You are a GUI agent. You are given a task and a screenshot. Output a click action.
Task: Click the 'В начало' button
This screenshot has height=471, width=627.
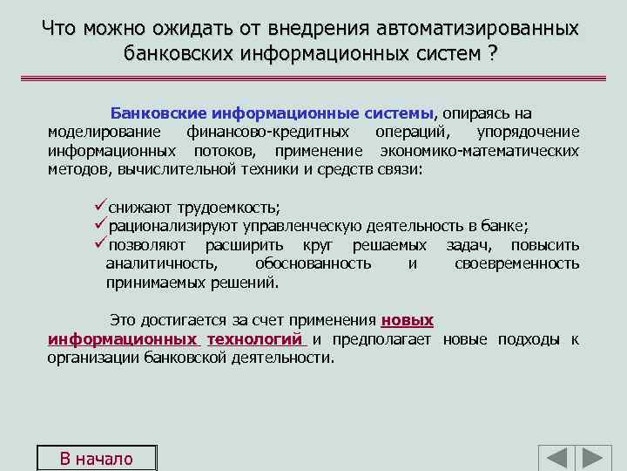96,459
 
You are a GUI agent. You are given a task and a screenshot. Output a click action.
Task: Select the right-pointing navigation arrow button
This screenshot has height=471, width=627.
595,459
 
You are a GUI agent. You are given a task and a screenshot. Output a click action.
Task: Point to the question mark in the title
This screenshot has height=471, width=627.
493,53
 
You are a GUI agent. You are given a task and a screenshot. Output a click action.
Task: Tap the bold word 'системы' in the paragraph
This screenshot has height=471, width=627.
399,114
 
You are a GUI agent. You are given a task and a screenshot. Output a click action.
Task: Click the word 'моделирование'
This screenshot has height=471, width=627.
104,132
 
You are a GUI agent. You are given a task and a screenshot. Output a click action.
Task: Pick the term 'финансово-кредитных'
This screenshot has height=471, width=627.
268,132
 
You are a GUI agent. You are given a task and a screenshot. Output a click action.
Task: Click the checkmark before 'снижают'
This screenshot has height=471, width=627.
100,207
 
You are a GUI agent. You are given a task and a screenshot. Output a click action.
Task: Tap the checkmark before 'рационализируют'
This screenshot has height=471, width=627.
100,225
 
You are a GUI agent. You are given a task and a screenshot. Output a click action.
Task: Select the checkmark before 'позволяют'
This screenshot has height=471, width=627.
100,244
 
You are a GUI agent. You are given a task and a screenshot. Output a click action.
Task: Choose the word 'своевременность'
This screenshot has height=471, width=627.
516,263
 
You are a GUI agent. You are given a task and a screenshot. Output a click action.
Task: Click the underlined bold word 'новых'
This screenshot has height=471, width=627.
408,320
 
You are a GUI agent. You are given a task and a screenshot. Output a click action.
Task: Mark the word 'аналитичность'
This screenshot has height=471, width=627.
162,263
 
